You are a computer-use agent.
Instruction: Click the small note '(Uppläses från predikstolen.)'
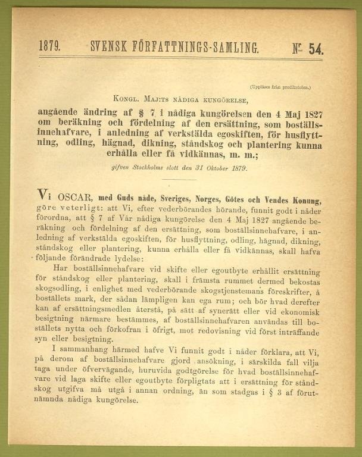[x=280, y=87]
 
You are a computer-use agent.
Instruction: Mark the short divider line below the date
[x=182, y=179]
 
